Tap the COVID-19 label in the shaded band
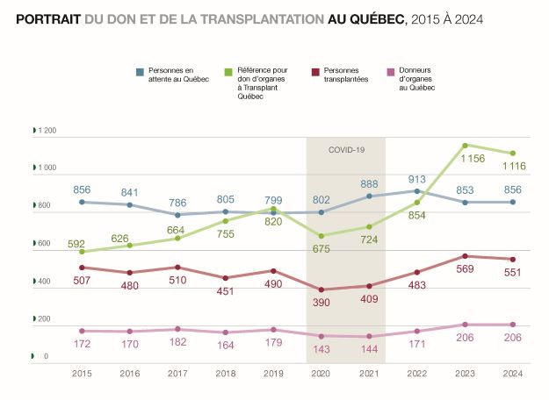tap(346, 150)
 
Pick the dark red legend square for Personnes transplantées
tap(315, 71)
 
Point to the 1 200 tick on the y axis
tap(47, 131)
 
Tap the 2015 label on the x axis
tap(82, 373)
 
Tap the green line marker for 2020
tap(321, 236)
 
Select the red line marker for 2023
tap(465, 256)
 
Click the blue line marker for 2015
tap(82, 202)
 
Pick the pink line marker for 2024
tap(513, 325)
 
